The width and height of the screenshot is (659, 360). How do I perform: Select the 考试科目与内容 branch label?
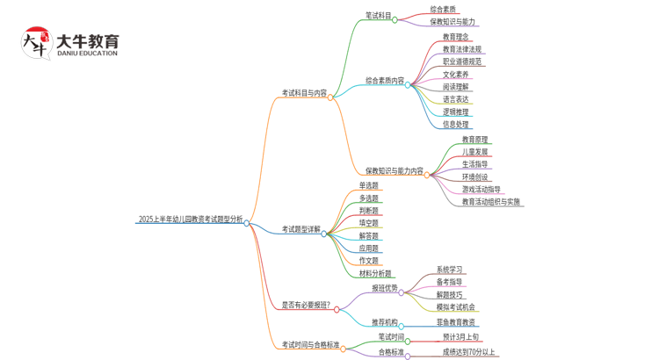pos(304,92)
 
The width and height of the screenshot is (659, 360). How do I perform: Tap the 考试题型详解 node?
pos(301,230)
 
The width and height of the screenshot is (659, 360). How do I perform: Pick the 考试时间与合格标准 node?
pos(309,345)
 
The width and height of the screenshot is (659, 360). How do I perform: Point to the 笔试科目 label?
pos(378,16)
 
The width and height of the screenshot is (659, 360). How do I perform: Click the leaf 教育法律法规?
pos(462,49)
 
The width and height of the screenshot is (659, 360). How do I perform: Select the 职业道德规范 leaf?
pos(462,61)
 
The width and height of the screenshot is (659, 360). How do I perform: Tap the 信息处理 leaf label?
pos(456,124)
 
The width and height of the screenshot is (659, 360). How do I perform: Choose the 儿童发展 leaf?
pos(475,152)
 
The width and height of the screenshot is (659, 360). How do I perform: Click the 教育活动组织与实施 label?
pos(491,202)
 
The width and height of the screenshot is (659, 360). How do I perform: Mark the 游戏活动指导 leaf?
pos(482,189)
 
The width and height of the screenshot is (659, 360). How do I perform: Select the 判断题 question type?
pos(369,211)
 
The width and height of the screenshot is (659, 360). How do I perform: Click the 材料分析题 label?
pos(375,274)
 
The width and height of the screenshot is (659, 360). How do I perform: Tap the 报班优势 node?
pos(385,288)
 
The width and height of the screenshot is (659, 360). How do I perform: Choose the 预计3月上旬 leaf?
pos(460,337)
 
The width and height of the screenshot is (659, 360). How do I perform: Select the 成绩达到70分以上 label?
pos(469,352)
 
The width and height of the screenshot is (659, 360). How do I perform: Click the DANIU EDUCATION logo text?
pos(87,54)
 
